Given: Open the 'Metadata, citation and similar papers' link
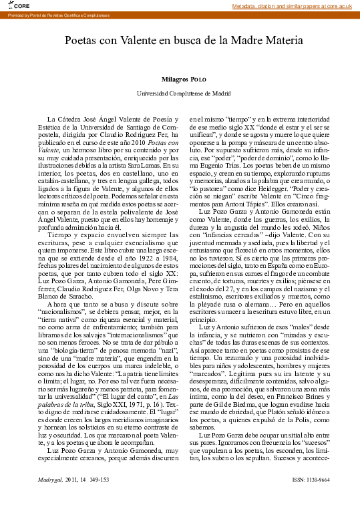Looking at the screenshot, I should (x=291, y=6).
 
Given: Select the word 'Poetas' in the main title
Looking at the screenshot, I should (x=80, y=41).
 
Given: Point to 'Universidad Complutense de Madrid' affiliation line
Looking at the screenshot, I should (x=179, y=94).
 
